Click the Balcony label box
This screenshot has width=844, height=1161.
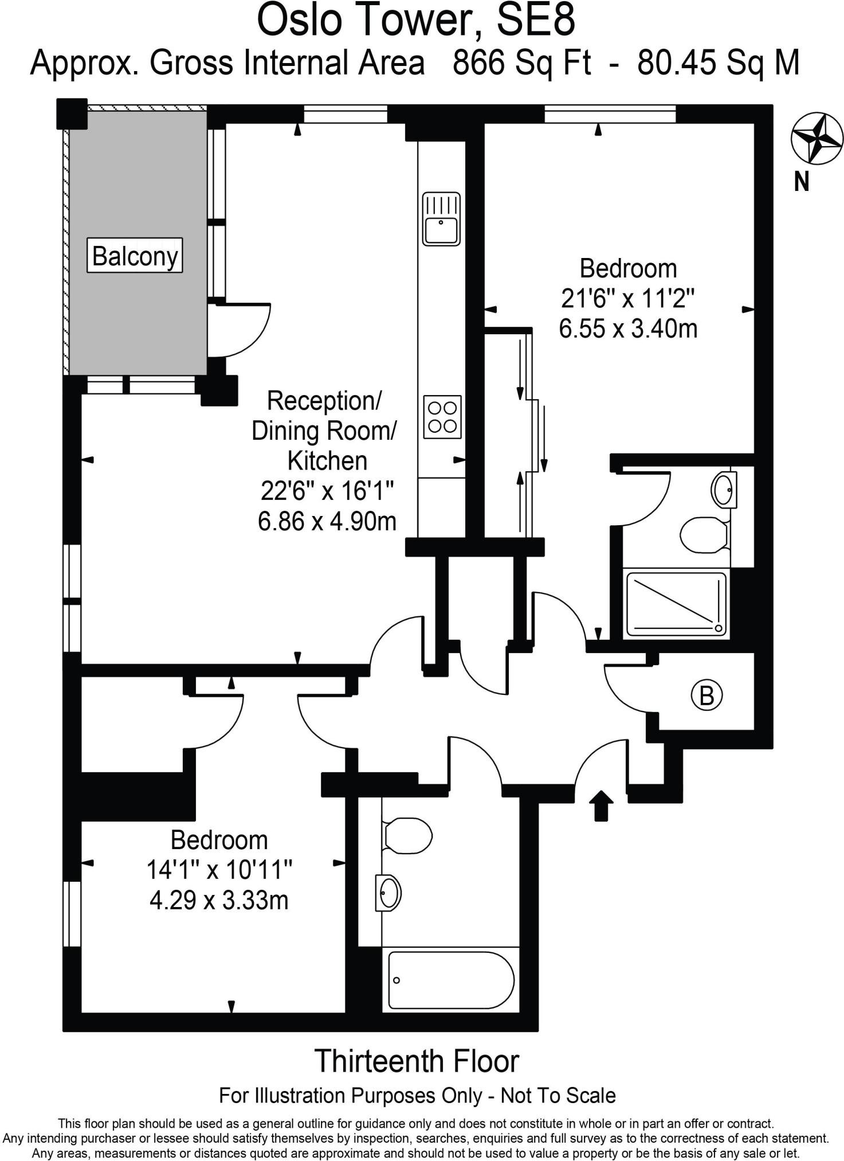click(x=135, y=255)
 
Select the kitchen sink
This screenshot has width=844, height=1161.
click(x=441, y=219)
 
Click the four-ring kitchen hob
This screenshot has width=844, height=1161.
click(x=442, y=417)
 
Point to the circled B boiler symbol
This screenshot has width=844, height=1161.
click(x=706, y=695)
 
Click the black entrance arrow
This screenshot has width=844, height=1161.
click(x=600, y=806)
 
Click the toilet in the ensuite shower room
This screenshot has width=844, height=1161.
click(x=704, y=534)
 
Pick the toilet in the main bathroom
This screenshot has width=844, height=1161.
click(x=407, y=834)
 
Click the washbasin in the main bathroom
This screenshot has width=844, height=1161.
click(x=389, y=893)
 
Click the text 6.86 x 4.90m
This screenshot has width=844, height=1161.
click(x=327, y=521)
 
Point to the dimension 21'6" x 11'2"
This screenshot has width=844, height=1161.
click(x=628, y=298)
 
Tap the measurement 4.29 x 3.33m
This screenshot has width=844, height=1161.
click(x=219, y=900)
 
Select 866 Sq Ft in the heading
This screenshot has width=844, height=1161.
click(x=521, y=62)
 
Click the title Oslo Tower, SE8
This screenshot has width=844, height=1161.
click(x=416, y=19)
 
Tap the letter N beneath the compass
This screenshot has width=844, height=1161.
click(x=802, y=181)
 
